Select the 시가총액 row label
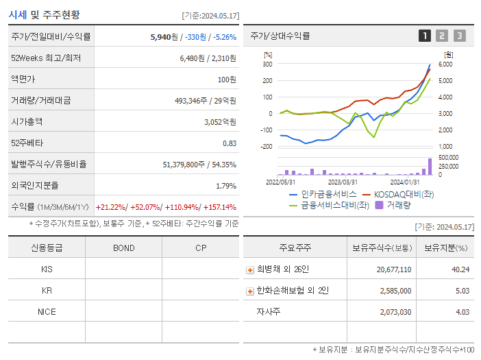27,121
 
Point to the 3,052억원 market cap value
220,121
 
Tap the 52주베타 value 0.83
229,143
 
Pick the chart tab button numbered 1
425,36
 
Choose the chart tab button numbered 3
459,36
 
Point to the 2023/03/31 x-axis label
343,182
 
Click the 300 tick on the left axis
267,64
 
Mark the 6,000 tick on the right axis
445,64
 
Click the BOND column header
123,248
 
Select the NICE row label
47,311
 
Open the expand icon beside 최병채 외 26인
250,269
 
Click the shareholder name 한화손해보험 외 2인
292,291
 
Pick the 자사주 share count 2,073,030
394,312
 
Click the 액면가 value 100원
227,79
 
